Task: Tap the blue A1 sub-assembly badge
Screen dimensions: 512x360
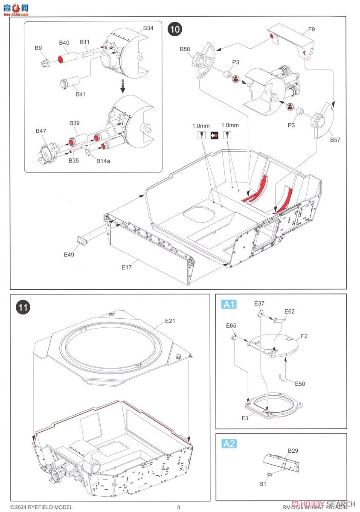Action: click(229, 304)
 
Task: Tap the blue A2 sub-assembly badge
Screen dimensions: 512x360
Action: click(229, 444)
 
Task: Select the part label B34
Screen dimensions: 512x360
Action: click(148, 29)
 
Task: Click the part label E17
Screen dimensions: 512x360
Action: click(126, 268)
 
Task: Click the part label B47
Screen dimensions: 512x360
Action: click(41, 131)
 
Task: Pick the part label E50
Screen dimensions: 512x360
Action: click(300, 384)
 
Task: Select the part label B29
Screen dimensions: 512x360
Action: click(293, 451)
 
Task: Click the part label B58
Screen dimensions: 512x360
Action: click(185, 49)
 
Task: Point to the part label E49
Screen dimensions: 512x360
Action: click(69, 255)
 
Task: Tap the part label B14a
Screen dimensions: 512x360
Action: click(103, 161)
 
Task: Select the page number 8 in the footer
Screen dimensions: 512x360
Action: click(179, 507)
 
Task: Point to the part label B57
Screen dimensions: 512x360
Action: click(334, 140)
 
